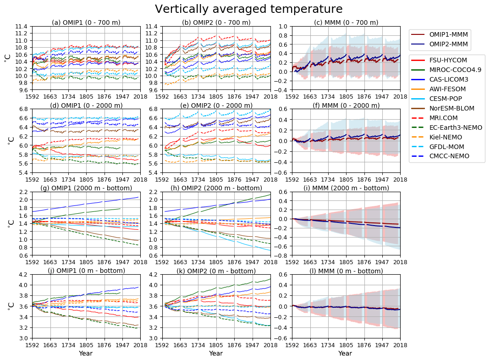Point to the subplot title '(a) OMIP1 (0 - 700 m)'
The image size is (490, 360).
coord(86,22)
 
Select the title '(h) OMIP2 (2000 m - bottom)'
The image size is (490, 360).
coord(216,188)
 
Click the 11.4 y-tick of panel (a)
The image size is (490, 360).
coord(23,27)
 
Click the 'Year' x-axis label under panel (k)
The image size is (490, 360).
coord(216,353)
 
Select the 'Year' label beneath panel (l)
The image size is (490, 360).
coord(345,353)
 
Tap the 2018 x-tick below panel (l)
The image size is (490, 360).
coord(400,344)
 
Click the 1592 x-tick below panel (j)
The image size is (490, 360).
coord(32,344)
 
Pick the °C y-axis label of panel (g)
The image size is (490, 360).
coord(10,223)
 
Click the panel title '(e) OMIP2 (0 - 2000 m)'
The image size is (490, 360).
coord(216,105)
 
